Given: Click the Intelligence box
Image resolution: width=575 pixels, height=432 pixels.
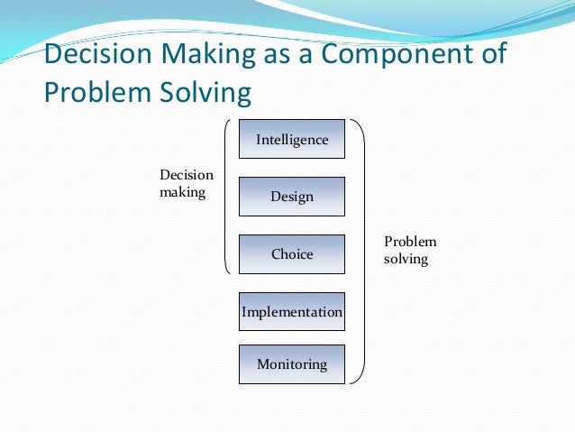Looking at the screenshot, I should [x=291, y=139].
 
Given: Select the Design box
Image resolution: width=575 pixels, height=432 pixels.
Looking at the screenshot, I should [x=291, y=197].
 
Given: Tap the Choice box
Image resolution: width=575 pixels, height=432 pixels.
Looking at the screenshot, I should [x=291, y=254].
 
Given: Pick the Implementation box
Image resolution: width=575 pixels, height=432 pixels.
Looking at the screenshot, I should [x=291, y=312].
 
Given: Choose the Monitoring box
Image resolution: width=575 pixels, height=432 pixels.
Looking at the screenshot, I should [x=291, y=364].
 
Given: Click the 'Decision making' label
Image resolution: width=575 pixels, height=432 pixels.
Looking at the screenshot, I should [x=186, y=184].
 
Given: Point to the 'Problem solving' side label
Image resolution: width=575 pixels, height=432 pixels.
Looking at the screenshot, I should [x=409, y=251].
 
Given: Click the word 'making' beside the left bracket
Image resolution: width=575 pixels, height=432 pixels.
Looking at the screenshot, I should [x=182, y=193].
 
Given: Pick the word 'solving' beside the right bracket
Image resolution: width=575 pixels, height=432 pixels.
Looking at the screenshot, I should [x=406, y=260].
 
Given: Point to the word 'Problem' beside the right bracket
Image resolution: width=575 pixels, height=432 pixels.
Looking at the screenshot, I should [x=410, y=242].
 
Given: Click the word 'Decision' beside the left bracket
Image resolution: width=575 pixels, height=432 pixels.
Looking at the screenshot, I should [x=186, y=176].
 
